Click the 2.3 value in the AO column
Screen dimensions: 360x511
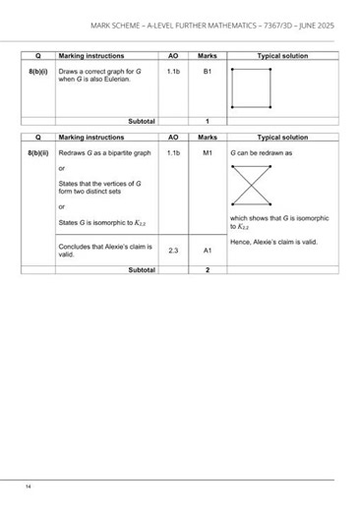[x=172, y=251]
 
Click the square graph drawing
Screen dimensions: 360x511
[x=250, y=88]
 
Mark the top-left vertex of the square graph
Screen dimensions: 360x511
[x=231, y=71]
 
